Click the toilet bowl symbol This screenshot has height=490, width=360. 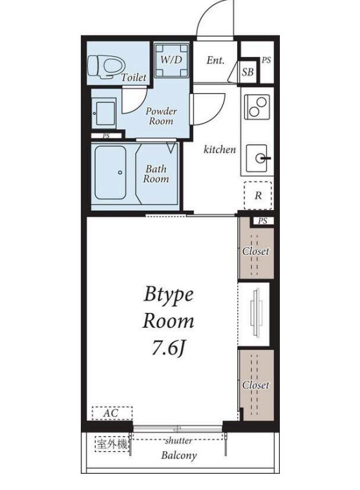pyautogui.click(x=104, y=66)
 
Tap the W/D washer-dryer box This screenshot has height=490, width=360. pyautogui.click(x=171, y=60)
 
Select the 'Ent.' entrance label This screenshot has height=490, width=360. pyautogui.click(x=215, y=60)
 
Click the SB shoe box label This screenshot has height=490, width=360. pyautogui.click(x=248, y=72)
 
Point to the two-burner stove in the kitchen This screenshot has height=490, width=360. pyautogui.click(x=257, y=107)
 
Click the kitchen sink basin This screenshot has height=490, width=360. pyautogui.click(x=257, y=158)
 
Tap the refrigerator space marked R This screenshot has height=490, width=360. pyautogui.click(x=258, y=195)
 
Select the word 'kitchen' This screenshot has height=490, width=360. pyautogui.click(x=220, y=149)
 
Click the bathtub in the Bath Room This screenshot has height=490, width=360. pyautogui.click(x=111, y=173)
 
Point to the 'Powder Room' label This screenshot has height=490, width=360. pyautogui.click(x=161, y=116)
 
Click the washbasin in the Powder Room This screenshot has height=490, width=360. pyautogui.click(x=104, y=114)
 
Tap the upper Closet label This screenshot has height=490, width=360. pyautogui.click(x=256, y=251)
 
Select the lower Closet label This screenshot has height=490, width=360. pyautogui.click(x=256, y=385)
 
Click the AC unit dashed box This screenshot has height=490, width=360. pyautogui.click(x=112, y=413)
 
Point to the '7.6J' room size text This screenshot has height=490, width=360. pyautogui.click(x=168, y=348)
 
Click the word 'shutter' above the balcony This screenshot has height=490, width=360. pyautogui.click(x=178, y=441)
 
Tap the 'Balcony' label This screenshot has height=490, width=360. pyautogui.click(x=179, y=455)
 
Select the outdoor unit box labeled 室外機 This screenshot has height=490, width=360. pyautogui.click(x=112, y=445)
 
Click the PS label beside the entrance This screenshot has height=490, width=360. pyautogui.click(x=266, y=60)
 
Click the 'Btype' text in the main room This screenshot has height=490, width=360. pyautogui.click(x=169, y=295)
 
